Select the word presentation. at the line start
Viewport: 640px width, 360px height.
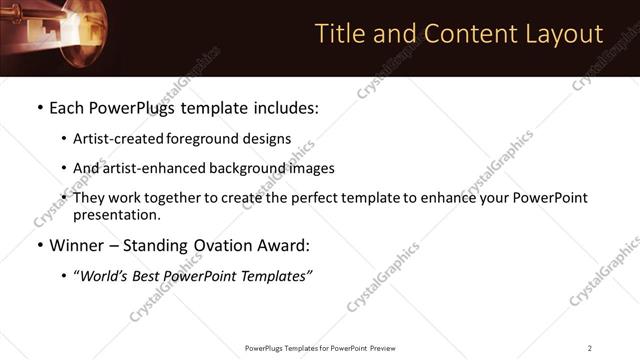[x=116, y=214]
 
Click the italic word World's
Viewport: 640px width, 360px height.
[x=104, y=275]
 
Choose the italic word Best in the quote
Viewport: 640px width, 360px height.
[x=147, y=275]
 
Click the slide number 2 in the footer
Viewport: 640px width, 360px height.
[x=590, y=347]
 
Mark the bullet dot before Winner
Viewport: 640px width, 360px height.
[x=39, y=246]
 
